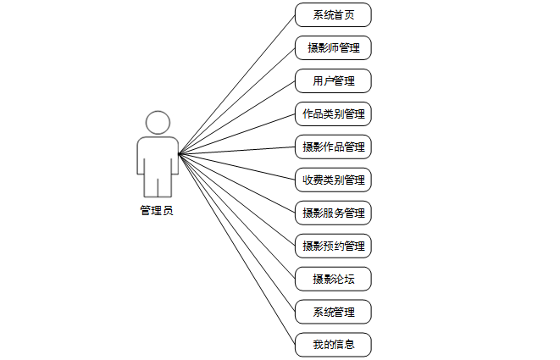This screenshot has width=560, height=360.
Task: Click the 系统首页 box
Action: pyautogui.click(x=333, y=15)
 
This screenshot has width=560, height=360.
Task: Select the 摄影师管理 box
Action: pyautogui.click(x=333, y=47)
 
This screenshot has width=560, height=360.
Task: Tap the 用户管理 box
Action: pyautogui.click(x=333, y=81)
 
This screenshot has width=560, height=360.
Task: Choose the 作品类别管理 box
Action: pyautogui.click(x=333, y=114)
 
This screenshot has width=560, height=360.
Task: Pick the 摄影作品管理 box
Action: pyautogui.click(x=333, y=147)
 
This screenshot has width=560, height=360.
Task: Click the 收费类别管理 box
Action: pyautogui.click(x=333, y=180)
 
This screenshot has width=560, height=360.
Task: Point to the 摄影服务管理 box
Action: pyautogui.click(x=333, y=213)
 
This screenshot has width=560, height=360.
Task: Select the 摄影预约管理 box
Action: pyautogui.click(x=333, y=246)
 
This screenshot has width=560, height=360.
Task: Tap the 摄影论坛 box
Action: pyautogui.click(x=333, y=279)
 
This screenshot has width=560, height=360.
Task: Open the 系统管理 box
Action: pyautogui.click(x=333, y=312)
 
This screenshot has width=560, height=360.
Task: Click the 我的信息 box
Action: pyautogui.click(x=333, y=345)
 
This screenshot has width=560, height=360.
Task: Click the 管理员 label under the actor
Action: pyautogui.click(x=157, y=211)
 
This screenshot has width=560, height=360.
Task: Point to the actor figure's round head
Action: pyautogui.click(x=158, y=124)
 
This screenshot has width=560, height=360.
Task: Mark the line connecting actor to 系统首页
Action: pyautogui.click(x=236, y=85)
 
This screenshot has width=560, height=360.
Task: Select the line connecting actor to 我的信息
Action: pyautogui.click(x=236, y=249)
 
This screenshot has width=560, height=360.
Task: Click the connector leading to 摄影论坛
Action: pyautogui.click(x=236, y=216)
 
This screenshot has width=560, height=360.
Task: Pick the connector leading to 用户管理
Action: pyautogui.click(x=236, y=118)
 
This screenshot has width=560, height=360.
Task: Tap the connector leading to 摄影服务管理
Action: pyautogui.click(x=236, y=183)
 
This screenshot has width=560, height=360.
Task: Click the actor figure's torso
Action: pyautogui.click(x=158, y=156)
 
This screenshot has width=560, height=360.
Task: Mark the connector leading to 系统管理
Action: pyautogui.click(x=236, y=232)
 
